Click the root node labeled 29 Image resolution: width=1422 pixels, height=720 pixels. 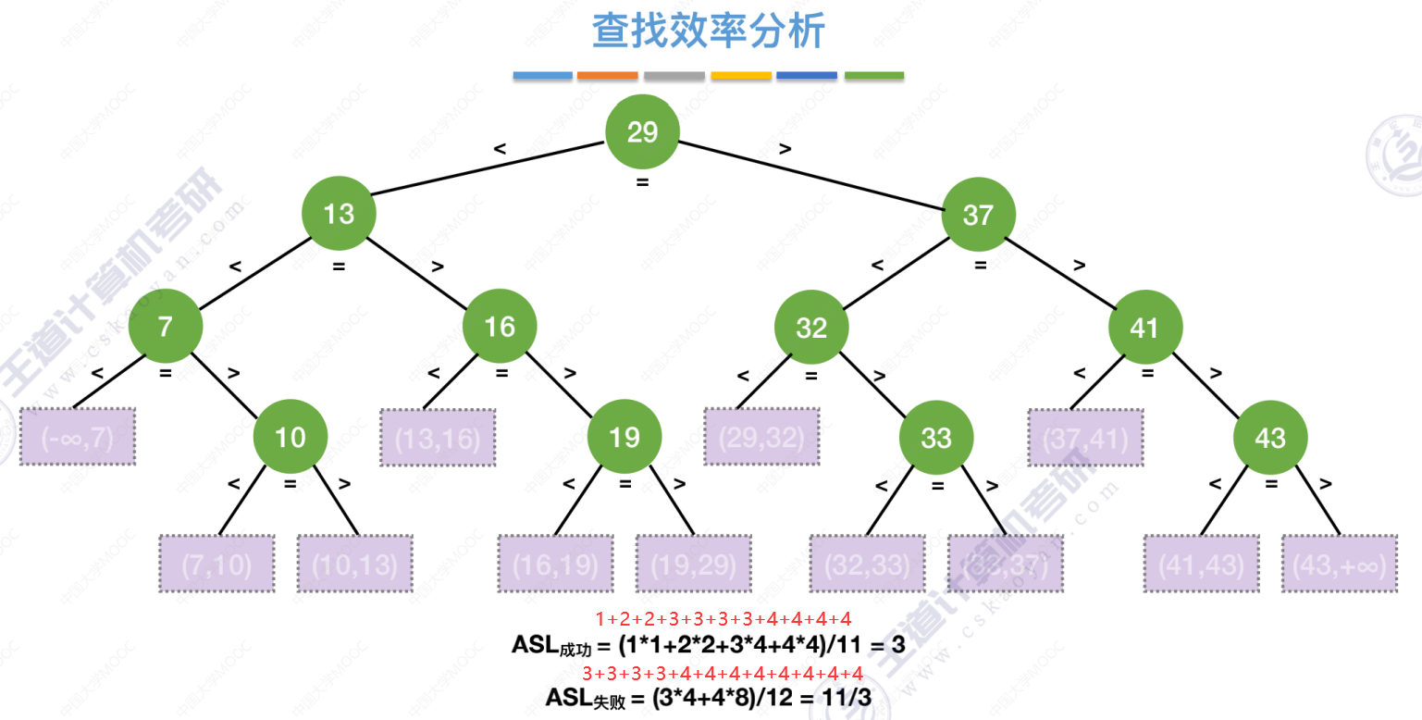(642, 132)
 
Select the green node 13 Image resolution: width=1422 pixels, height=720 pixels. (339, 215)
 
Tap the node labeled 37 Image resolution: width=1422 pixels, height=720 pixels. (978, 215)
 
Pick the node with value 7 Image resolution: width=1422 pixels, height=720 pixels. (165, 327)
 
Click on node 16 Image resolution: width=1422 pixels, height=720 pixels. (500, 327)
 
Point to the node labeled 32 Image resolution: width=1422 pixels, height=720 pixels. (810, 327)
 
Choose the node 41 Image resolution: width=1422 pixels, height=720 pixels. (1145, 327)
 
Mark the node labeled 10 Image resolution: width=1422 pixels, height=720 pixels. (290, 437)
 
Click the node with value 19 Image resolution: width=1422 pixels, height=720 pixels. (624, 437)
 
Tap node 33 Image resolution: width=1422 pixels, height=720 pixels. (935, 437)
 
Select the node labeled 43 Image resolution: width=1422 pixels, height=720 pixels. (1269, 437)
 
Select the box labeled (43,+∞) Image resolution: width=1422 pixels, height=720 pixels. (1339, 565)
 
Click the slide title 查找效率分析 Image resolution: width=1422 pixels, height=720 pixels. (709, 31)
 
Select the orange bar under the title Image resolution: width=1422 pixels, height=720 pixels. (607, 76)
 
